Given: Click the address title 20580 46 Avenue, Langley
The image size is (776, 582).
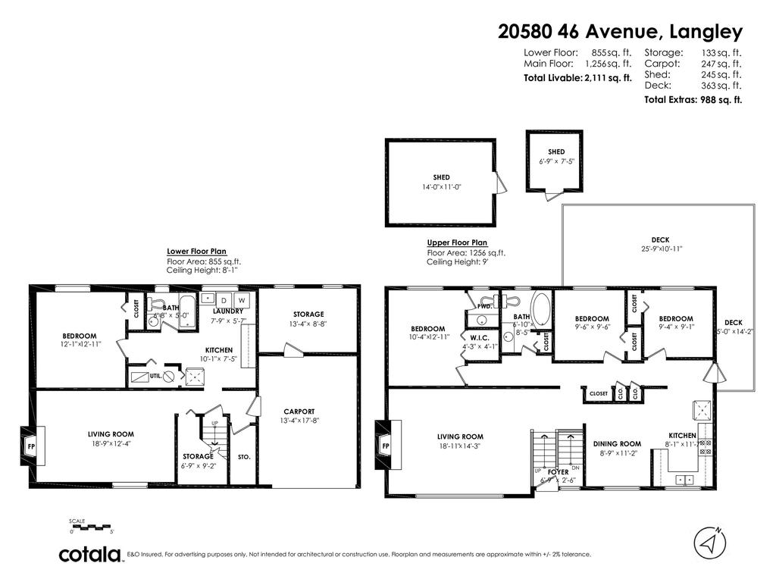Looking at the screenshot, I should click(x=620, y=31).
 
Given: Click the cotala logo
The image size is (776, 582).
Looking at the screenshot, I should click(x=91, y=555).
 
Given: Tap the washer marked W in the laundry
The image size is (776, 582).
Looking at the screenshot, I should click(x=241, y=300).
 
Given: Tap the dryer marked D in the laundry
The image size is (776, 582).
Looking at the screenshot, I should click(x=224, y=300).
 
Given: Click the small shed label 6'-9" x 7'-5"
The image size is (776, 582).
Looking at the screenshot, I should click(x=556, y=161).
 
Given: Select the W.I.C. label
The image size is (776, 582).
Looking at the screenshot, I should click(x=478, y=337).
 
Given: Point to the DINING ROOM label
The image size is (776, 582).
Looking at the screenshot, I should click(x=616, y=444).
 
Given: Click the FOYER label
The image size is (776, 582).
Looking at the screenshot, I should click(x=558, y=472).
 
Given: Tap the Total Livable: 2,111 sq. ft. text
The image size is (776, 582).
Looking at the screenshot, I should click(x=577, y=77).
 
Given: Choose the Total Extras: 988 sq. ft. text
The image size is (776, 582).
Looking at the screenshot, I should click(x=693, y=99).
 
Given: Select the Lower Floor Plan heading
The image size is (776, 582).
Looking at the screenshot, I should click(x=196, y=252).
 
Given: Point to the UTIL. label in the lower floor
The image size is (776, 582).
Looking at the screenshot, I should click(x=155, y=375).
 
